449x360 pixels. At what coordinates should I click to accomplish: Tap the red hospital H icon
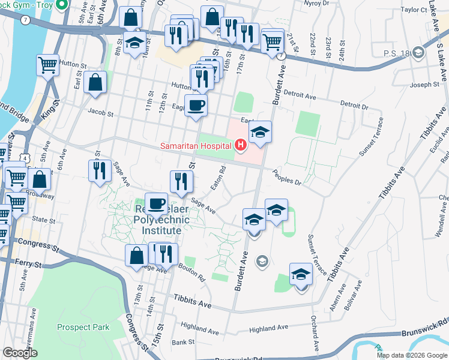[241, 145]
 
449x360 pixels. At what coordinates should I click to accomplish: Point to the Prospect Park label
[83, 327]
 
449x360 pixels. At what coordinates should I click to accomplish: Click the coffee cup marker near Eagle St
[196, 106]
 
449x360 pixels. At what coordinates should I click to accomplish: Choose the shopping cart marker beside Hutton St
[48, 65]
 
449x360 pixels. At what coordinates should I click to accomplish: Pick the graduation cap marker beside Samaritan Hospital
[260, 132]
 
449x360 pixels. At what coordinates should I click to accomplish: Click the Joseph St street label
[424, 85]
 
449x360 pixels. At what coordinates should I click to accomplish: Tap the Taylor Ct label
[414, 10]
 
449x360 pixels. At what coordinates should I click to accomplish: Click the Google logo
[20, 353]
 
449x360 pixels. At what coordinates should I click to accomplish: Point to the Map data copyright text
[412, 355]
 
